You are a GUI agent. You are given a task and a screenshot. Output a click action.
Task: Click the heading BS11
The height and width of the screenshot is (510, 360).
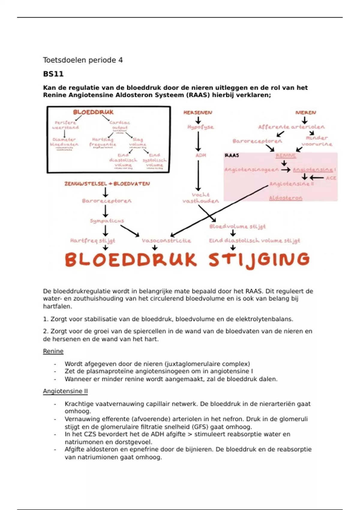pyautogui.click(x=53, y=74)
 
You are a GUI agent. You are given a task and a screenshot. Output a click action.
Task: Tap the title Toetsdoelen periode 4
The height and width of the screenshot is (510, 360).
pyautogui.click(x=83, y=60)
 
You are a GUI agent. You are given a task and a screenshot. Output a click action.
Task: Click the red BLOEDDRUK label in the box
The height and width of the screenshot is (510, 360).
pyautogui.click(x=93, y=112)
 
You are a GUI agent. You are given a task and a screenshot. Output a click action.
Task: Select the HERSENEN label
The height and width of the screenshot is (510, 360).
pyautogui.click(x=198, y=112)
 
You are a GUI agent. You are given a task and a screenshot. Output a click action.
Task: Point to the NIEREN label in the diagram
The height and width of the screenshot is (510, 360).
pyautogui.click(x=306, y=112)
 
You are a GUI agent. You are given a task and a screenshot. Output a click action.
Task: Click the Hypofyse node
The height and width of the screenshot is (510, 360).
pyautogui.click(x=200, y=127)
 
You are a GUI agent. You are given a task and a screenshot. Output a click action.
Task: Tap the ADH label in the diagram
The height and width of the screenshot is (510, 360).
pyautogui.click(x=201, y=155)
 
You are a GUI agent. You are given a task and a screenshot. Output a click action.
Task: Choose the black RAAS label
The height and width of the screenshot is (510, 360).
pyautogui.click(x=232, y=155)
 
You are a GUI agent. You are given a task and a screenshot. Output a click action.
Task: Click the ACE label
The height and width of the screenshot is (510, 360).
pyautogui.click(x=331, y=178)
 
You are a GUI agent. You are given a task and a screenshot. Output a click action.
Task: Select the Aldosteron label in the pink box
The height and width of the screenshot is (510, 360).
pyautogui.click(x=286, y=198)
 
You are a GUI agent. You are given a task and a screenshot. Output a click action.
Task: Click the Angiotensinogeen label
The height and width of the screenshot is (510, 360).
pyautogui.click(x=251, y=170)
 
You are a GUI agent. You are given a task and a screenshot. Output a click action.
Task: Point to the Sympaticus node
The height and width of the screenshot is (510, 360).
pyautogui.click(x=107, y=221)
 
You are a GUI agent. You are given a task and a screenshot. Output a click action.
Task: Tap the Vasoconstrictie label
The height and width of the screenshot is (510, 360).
pyautogui.click(x=166, y=241)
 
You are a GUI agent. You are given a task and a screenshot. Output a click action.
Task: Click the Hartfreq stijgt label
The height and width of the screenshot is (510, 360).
pyautogui.click(x=92, y=241)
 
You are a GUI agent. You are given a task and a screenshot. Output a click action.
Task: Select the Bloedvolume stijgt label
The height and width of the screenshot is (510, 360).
pyautogui.click(x=237, y=226)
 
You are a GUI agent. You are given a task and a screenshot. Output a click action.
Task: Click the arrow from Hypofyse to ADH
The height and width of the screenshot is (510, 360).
pyautogui.click(x=198, y=141)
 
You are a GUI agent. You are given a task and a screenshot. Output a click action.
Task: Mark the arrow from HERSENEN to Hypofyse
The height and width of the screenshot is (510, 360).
pyautogui.click(x=198, y=120)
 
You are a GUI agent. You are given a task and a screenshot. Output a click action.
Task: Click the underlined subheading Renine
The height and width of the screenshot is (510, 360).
pyautogui.click(x=53, y=351)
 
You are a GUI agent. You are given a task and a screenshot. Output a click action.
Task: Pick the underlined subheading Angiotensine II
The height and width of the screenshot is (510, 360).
pyautogui.click(x=65, y=391)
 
